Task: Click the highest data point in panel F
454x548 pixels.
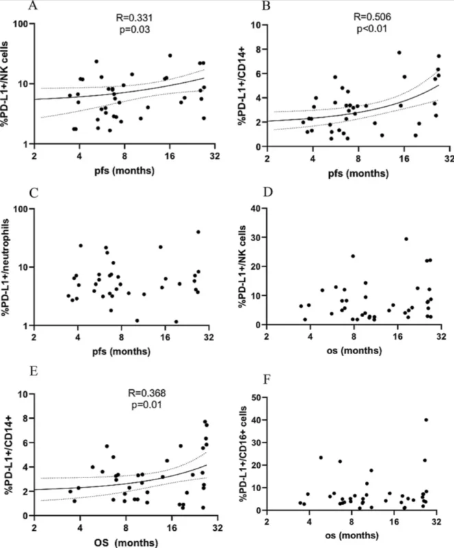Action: click(426, 420)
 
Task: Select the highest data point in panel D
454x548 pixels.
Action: click(406, 239)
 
